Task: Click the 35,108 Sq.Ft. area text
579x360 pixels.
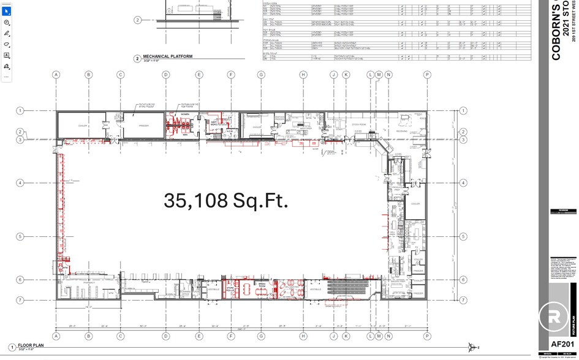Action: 225,201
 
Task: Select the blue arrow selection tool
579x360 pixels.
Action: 7,12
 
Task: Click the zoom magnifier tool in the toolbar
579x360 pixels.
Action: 7,23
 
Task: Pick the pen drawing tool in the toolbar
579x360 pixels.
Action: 7,33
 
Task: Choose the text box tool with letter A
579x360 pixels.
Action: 7,55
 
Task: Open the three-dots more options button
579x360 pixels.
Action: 7,77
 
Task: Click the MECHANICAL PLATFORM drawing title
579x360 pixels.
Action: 168,56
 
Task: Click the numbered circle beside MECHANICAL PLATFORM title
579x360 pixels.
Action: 137,59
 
